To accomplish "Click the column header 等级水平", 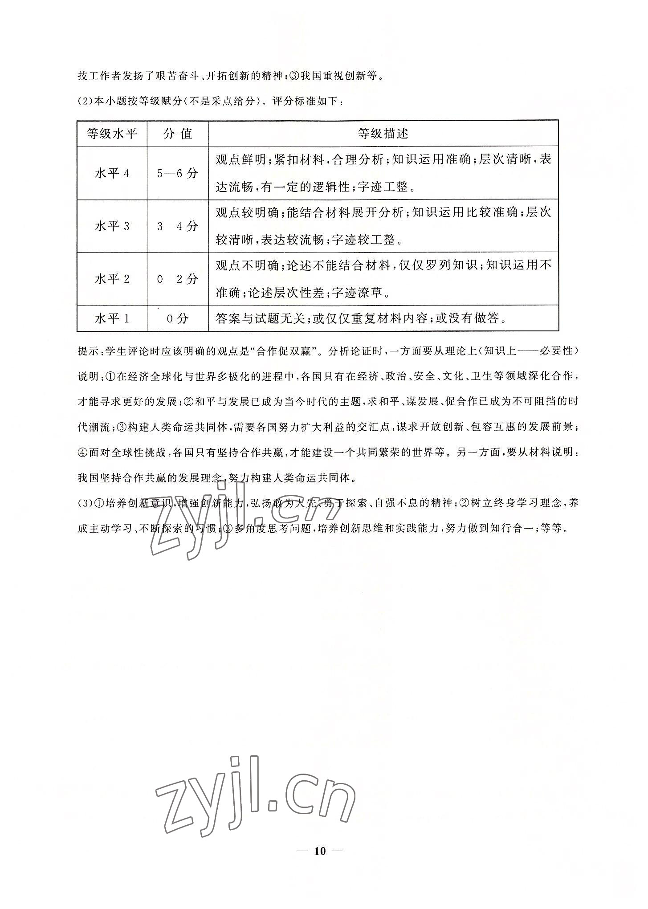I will [x=112, y=133].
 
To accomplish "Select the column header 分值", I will [x=178, y=133].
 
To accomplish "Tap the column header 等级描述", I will [x=383, y=133].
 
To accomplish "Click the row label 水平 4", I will [x=112, y=173].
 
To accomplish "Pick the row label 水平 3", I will [x=112, y=226].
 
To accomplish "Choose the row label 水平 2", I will [x=112, y=279].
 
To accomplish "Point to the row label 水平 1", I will [x=112, y=318].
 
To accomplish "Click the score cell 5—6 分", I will [x=178, y=173].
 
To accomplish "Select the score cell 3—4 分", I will [x=178, y=226].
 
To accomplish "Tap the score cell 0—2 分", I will [x=178, y=279].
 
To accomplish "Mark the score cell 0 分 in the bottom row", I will [x=178, y=318].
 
